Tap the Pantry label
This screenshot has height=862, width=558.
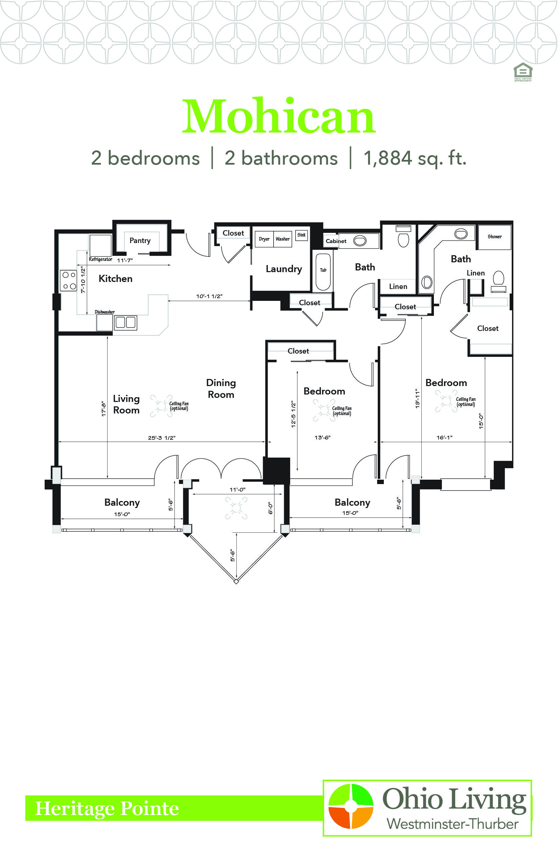coord(140,240)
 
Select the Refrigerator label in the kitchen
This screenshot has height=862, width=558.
coord(100,259)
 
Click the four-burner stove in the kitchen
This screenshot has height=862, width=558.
coord(68,280)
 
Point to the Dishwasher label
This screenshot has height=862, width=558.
coord(105,312)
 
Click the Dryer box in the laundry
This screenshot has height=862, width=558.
coord(264,239)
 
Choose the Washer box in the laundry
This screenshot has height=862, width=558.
coord(283,239)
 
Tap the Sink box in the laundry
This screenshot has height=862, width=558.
coord(301,235)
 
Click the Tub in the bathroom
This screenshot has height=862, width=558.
coord(323,272)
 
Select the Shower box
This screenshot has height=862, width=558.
coord(494,237)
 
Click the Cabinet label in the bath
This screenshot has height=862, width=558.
coord(336,241)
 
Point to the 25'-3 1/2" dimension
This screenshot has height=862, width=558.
coord(162,437)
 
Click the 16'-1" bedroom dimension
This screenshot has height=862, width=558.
coord(444,437)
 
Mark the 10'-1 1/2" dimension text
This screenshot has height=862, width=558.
coord(209,296)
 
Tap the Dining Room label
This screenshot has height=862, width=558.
coord(221,389)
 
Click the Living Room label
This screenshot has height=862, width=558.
coord(126,404)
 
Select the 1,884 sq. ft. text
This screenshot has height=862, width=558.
coord(415,158)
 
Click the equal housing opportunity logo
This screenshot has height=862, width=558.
coord(523,72)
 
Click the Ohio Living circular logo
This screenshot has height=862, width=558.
coord(351,806)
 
